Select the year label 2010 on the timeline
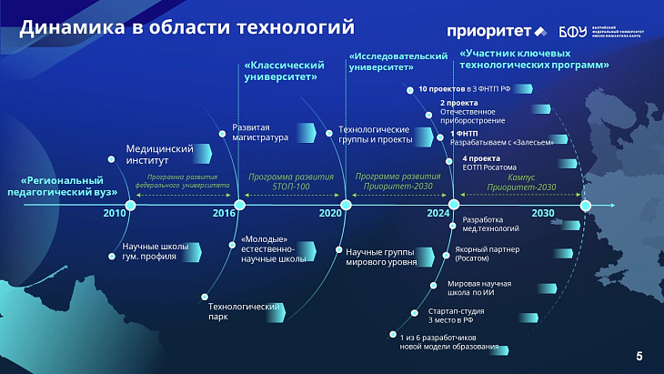pyautogui.click(x=116, y=212)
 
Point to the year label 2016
pyautogui.click(x=223, y=212)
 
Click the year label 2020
pyautogui.click(x=330, y=212)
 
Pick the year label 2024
pyautogui.click(x=438, y=212)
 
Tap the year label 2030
pyautogui.click(x=543, y=212)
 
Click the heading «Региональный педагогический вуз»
pyautogui.click(x=65, y=186)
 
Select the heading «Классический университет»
pyautogui.click(x=285, y=72)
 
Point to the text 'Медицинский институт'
pyautogui.click(x=159, y=153)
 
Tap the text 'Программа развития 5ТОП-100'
pyautogui.click(x=291, y=181)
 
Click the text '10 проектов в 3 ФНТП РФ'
pyautogui.click(x=459, y=89)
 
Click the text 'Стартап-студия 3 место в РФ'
pyautogui.click(x=456, y=316)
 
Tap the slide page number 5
pyautogui.click(x=639, y=355)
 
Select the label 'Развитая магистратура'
pyautogui.click(x=260, y=133)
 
